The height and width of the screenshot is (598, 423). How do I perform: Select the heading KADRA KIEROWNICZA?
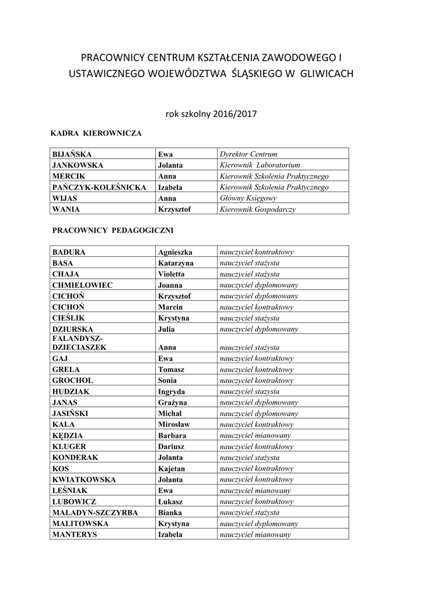(x=96, y=133)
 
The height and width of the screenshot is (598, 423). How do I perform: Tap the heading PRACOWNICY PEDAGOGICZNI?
(x=113, y=231)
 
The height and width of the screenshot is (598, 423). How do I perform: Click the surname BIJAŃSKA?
(x=72, y=154)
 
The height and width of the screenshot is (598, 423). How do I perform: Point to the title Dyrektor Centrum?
(x=248, y=154)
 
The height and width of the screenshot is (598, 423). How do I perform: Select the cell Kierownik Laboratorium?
(x=260, y=165)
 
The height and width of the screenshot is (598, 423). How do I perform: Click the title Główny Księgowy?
(x=248, y=199)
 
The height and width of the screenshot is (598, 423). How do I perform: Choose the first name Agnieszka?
(x=175, y=252)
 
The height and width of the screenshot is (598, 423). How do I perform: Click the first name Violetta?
(x=171, y=274)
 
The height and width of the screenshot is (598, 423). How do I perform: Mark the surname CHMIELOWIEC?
(x=82, y=285)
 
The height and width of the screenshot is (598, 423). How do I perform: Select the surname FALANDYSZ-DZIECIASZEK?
(x=79, y=343)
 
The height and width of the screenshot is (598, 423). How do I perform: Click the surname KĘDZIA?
(x=68, y=436)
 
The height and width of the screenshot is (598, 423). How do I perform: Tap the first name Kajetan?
(x=171, y=468)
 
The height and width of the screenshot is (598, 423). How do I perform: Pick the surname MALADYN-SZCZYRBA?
(x=95, y=513)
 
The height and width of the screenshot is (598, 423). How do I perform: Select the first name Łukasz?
(x=170, y=502)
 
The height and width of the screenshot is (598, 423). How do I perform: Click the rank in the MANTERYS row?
(x=255, y=534)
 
